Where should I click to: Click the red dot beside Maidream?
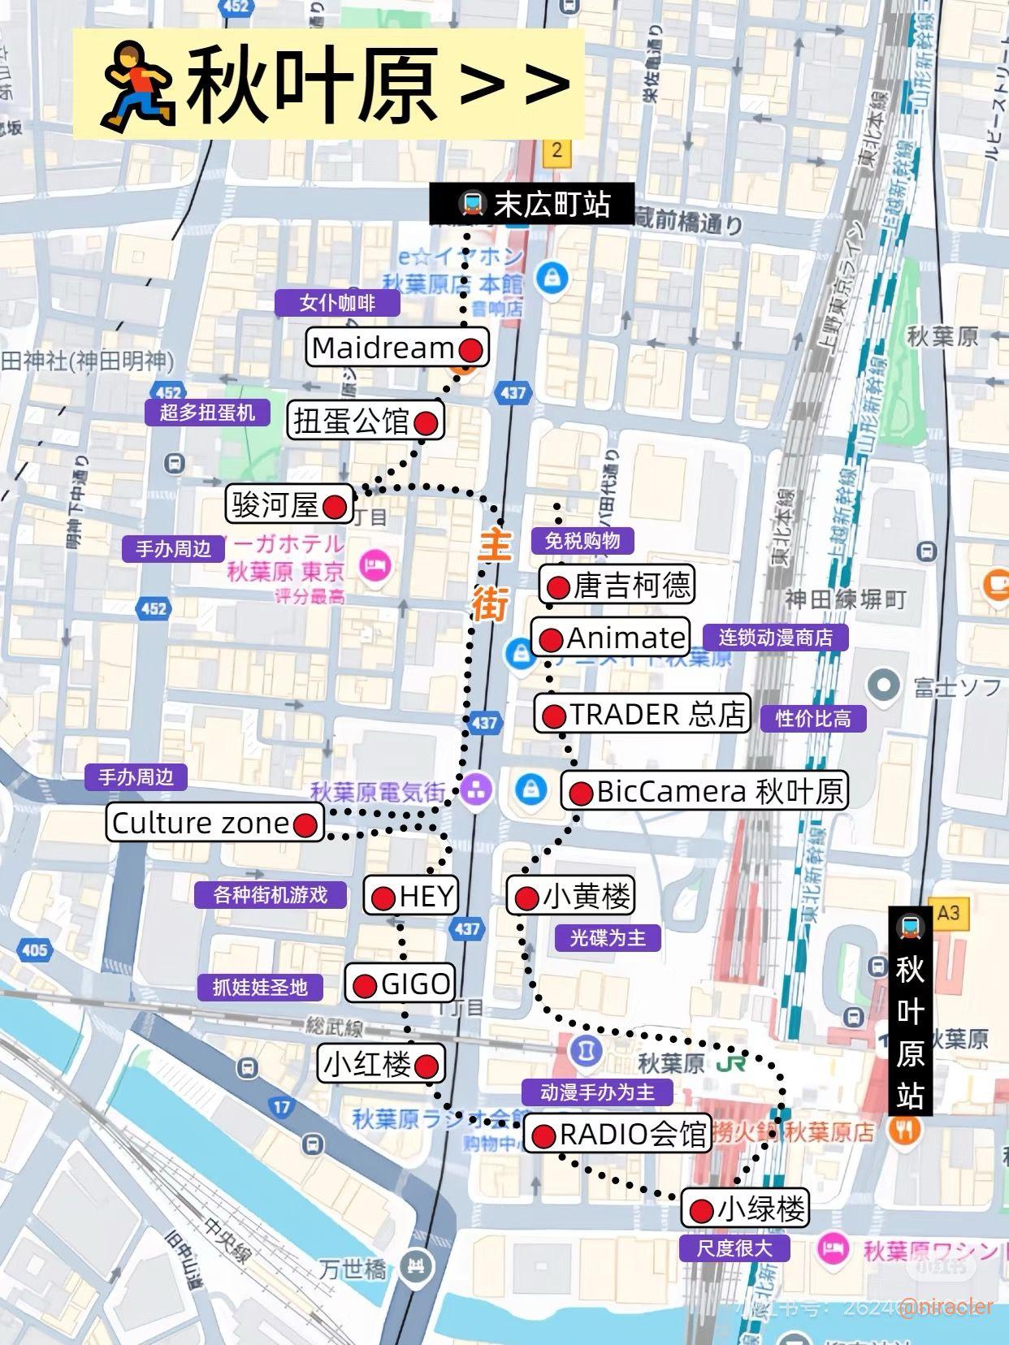coord(471,349)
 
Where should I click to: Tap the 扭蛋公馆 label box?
coord(365,421)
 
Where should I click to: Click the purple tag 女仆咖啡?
coord(337,303)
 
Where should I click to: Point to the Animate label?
coord(611,638)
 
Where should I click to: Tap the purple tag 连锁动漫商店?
coord(775,638)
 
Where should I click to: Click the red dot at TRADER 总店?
coord(553,716)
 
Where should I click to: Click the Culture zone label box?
coord(214,824)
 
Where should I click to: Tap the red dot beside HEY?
coord(383,897)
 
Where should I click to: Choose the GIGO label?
coord(400,984)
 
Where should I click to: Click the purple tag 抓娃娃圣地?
coord(260,988)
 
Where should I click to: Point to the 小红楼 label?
coord(380,1064)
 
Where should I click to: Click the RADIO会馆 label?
coord(617,1134)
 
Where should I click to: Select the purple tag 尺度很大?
coord(734,1248)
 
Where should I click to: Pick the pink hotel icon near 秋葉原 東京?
coord(375,565)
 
